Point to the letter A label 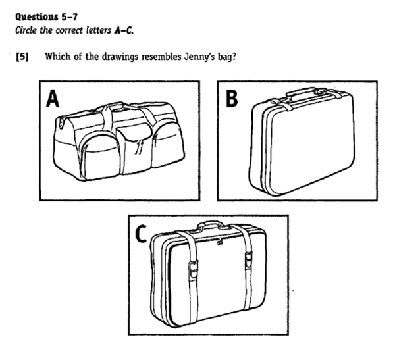pyautogui.click(x=53, y=99)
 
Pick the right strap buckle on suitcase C pyautogui.click(x=248, y=263)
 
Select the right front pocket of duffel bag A pyautogui.click(x=167, y=141)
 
